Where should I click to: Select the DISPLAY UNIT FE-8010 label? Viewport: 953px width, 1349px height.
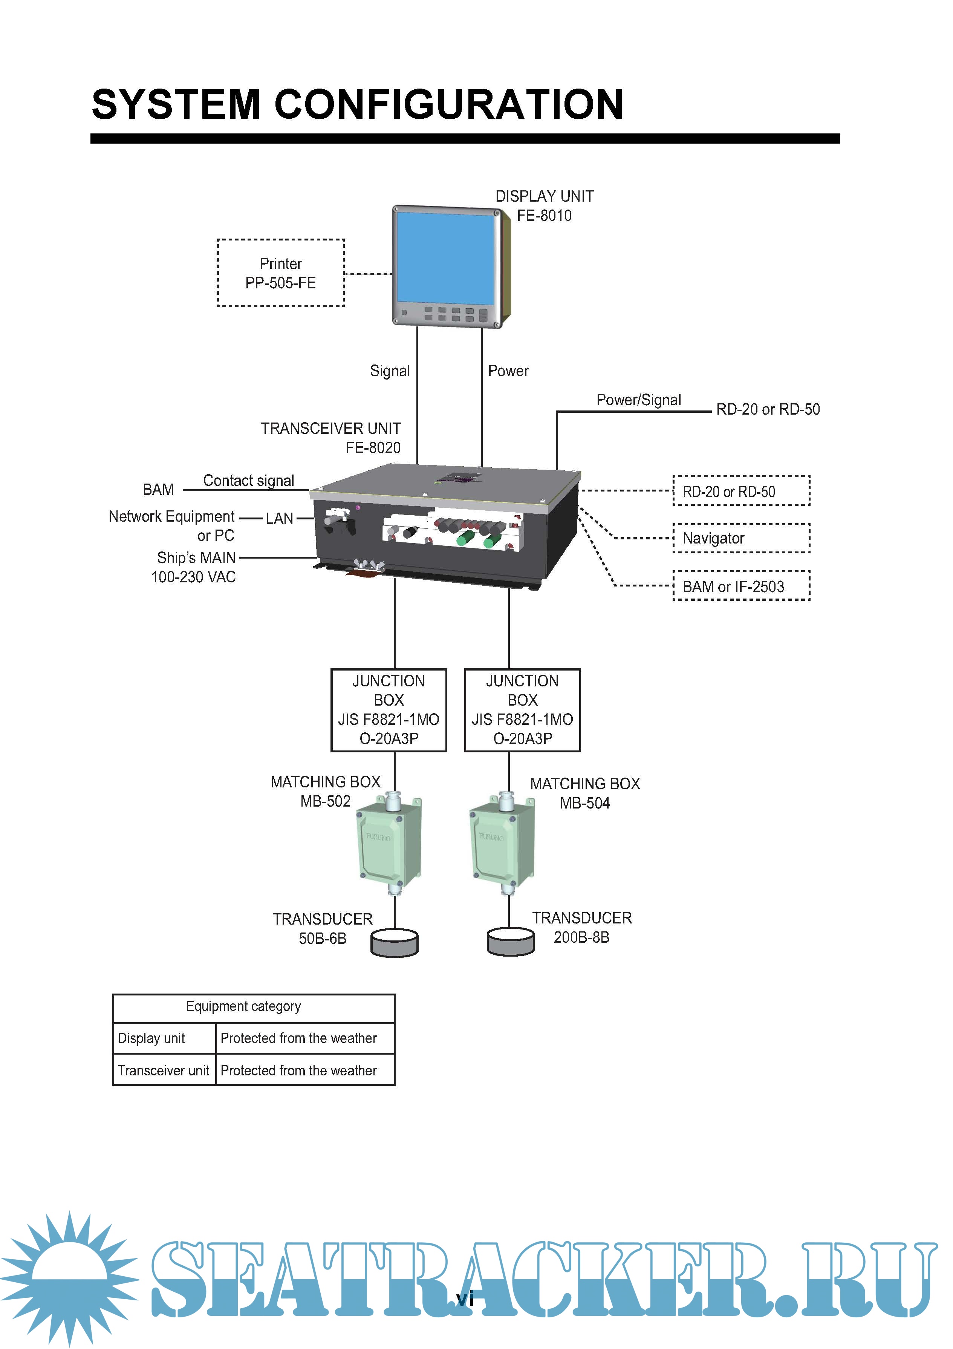point(544,206)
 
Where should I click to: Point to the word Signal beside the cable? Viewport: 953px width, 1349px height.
point(390,371)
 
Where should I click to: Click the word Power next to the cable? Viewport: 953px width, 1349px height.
point(508,371)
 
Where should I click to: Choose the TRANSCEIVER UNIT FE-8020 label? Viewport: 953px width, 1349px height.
point(331,438)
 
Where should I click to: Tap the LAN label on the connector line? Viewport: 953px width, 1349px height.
point(279,518)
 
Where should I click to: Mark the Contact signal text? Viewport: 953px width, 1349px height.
point(249,481)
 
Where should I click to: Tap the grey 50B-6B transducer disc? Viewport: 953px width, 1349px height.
point(394,942)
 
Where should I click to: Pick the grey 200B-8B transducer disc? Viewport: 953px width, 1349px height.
point(511,941)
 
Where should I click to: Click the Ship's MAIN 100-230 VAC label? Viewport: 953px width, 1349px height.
point(194,567)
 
